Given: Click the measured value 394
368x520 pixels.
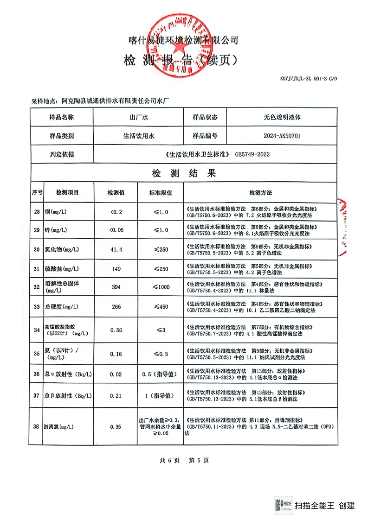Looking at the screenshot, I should (116, 287).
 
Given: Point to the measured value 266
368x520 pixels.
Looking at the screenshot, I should (116, 306).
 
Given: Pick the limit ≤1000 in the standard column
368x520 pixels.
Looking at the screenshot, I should (161, 287).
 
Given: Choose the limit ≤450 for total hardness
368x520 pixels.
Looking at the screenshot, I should (161, 306).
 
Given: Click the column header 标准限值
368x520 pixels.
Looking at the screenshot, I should (161, 192).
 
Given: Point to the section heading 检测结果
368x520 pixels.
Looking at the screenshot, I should (184, 174).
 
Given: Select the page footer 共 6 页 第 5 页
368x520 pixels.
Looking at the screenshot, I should (184, 460).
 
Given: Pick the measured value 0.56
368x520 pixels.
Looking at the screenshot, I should (116, 330).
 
